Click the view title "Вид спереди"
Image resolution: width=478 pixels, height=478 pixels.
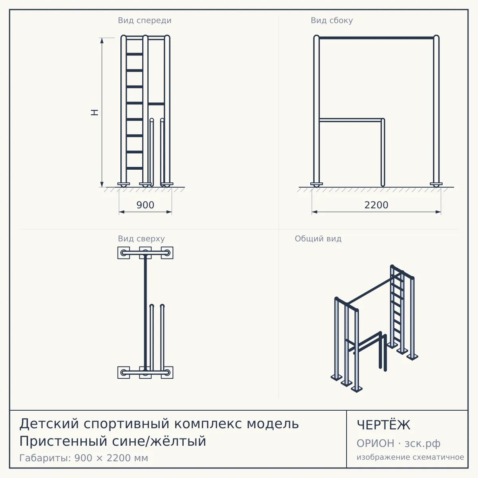[145, 20]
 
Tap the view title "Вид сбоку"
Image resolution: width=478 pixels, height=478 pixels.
[332, 20]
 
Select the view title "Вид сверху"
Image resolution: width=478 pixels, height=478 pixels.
[141, 239]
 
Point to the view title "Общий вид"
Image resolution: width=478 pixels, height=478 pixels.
[318, 239]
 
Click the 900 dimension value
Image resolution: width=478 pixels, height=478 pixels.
[145, 205]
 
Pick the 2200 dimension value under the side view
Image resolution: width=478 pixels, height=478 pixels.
[376, 205]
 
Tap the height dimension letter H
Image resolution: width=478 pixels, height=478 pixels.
[94, 112]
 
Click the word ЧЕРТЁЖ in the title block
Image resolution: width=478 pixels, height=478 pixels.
[384, 425]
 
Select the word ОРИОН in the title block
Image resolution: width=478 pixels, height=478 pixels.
[375, 443]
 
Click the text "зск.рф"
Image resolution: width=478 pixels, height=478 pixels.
[423, 444]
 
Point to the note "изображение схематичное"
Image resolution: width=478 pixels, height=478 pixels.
[410, 457]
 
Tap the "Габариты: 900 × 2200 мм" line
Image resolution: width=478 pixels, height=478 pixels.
[84, 458]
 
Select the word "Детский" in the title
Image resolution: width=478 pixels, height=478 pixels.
[49, 424]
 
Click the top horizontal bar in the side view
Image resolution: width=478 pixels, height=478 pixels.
[376, 38]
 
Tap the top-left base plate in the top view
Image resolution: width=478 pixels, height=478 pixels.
[123, 253]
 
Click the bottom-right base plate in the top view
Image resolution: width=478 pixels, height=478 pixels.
[167, 372]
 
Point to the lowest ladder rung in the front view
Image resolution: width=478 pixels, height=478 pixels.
[135, 168]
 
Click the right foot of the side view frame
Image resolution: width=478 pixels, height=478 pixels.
[436, 184]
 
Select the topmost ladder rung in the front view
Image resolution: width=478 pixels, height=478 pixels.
[135, 54]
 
